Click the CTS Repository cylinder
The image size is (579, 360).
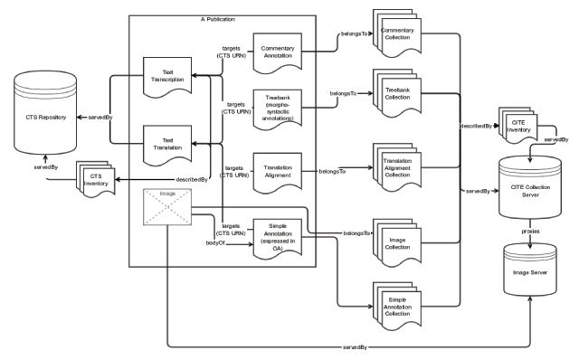tap(45, 113)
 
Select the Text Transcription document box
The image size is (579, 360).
tap(167, 77)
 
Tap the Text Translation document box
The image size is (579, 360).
tap(167, 146)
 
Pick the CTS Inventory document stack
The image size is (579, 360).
tap(96, 179)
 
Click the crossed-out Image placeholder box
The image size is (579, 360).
tap(167, 207)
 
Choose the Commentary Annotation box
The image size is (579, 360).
tap(278, 53)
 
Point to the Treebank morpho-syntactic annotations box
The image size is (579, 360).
tap(278, 109)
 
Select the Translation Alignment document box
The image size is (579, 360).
tap(278, 173)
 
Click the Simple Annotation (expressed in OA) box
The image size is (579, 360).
tap(278, 239)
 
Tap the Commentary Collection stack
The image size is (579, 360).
tap(397, 33)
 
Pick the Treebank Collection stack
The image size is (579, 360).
tap(397, 93)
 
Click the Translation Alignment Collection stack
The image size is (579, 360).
tap(397, 167)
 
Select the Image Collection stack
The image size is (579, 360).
tap(397, 243)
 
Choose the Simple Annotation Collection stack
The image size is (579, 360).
tap(397, 307)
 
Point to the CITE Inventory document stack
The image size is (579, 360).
tap(518, 126)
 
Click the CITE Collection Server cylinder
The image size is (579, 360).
tap(530, 187)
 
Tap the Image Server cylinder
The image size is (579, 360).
tap(530, 270)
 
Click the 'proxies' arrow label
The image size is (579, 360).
tap(530, 232)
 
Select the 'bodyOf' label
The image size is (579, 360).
tap(215, 243)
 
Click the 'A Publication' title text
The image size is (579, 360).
tap(218, 19)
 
